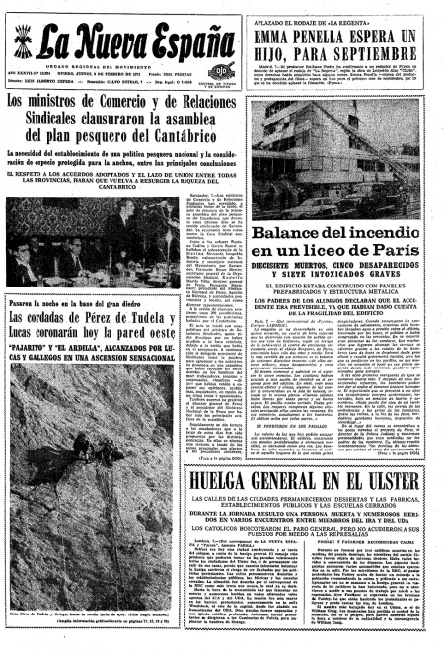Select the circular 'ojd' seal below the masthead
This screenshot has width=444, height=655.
point(221,70)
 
